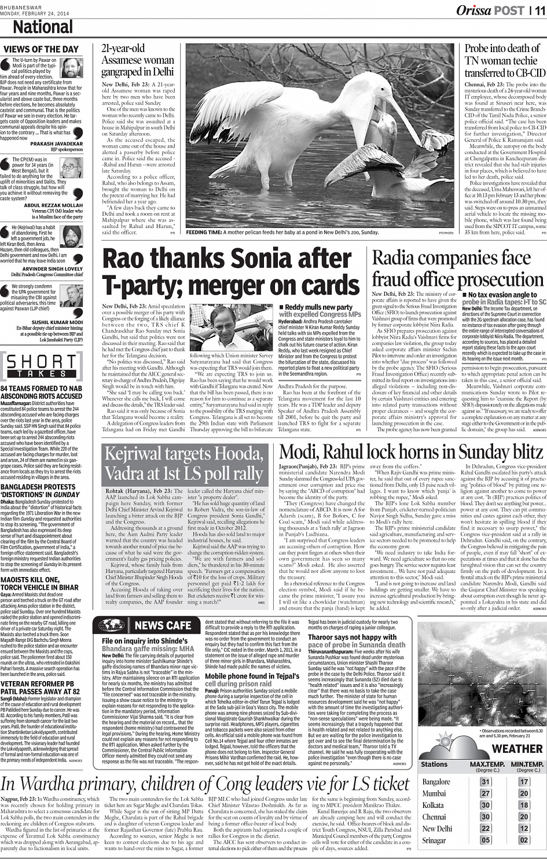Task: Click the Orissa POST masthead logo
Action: click(x=490, y=10)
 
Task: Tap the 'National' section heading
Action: click(x=43, y=27)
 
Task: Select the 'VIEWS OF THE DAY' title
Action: click(x=41, y=49)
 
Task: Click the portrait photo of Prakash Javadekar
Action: click(x=72, y=69)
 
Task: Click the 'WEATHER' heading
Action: click(x=517, y=749)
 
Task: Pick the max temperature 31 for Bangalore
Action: click(x=485, y=782)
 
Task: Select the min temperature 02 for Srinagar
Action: click(x=524, y=840)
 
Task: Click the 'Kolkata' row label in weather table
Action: click(x=433, y=805)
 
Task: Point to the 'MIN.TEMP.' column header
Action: click(x=527, y=764)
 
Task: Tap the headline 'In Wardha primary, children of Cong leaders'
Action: click(x=205, y=784)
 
